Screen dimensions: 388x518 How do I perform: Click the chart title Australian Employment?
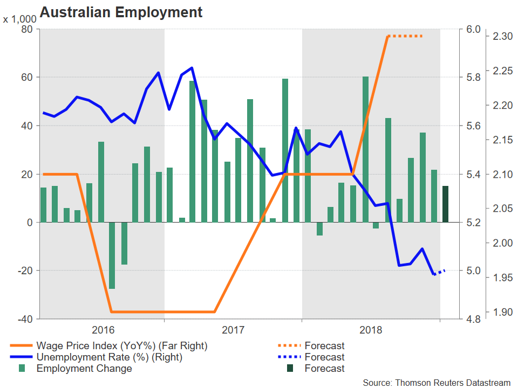121,12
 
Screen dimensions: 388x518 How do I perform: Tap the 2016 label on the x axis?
103,329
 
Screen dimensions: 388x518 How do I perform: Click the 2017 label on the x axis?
234,329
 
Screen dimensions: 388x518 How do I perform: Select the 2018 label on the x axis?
370,329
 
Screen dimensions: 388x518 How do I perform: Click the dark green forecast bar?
445,204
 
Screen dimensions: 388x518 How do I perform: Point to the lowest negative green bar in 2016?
112,255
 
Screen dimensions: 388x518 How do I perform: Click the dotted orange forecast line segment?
405,36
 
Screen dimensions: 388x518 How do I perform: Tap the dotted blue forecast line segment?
440,272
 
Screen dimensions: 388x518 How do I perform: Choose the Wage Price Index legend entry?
121,345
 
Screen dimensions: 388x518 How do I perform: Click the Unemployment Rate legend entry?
109,357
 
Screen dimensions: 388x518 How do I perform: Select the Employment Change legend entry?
84,369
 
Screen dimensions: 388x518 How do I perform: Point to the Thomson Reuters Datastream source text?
436,382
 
